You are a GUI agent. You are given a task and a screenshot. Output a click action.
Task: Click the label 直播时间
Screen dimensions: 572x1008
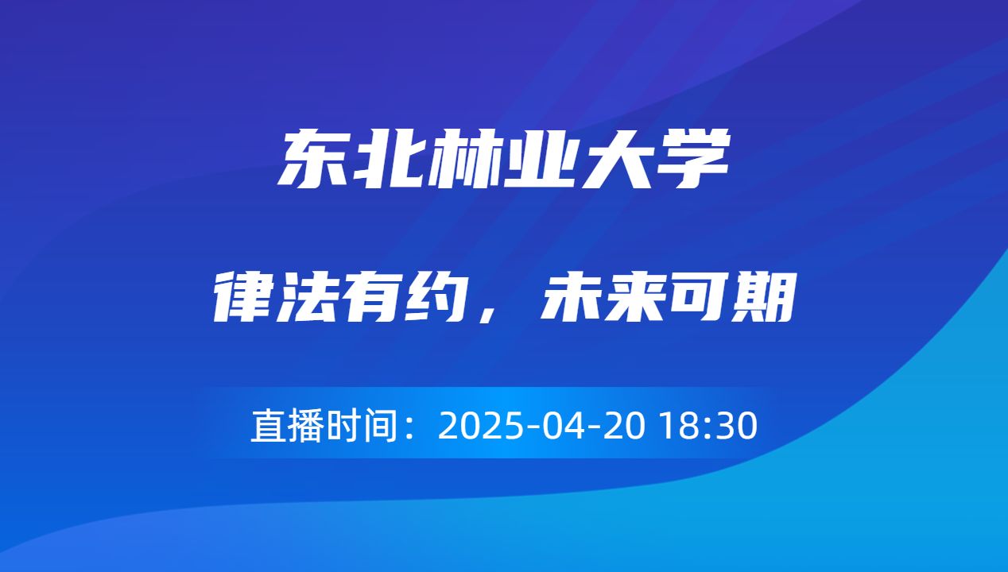(x=324, y=426)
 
